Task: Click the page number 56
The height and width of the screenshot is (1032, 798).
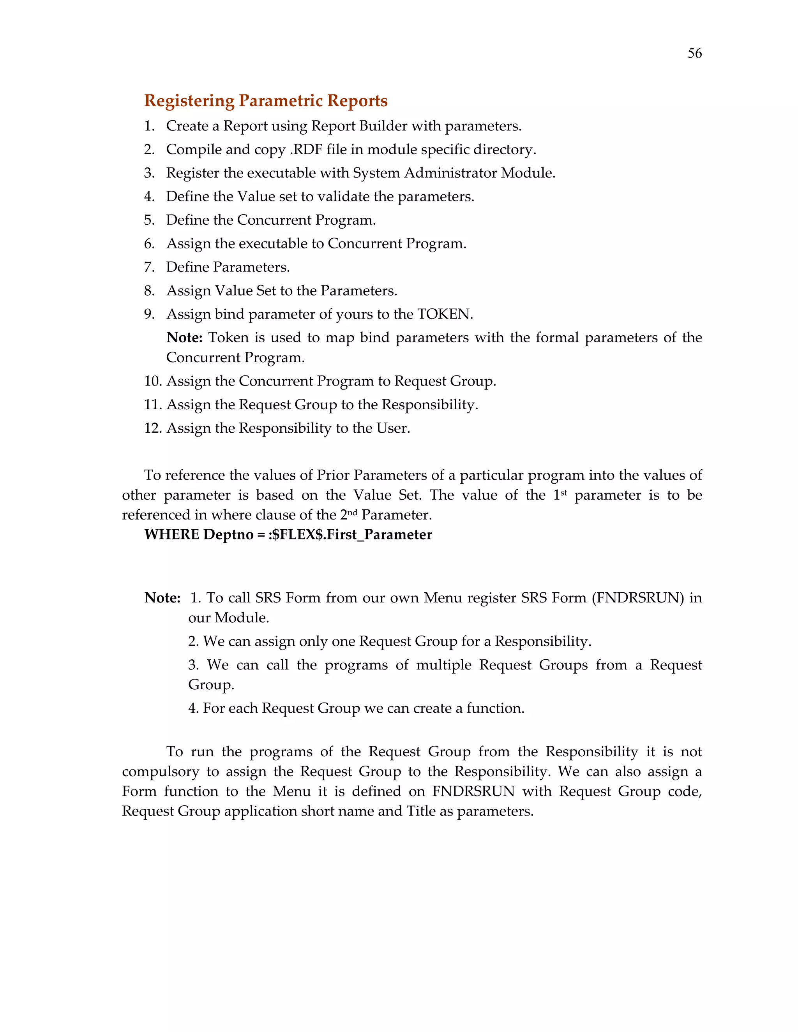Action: pos(694,53)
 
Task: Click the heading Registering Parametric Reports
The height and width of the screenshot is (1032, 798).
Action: pos(266,100)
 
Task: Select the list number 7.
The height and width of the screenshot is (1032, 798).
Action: pos(149,267)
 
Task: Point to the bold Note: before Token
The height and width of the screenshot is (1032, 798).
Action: pos(184,337)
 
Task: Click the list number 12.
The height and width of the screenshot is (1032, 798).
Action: pos(153,428)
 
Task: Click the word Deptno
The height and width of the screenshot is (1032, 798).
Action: pos(228,534)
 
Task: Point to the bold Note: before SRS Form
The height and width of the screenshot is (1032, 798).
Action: pos(162,598)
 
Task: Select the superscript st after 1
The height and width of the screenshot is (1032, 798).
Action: pos(563,492)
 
